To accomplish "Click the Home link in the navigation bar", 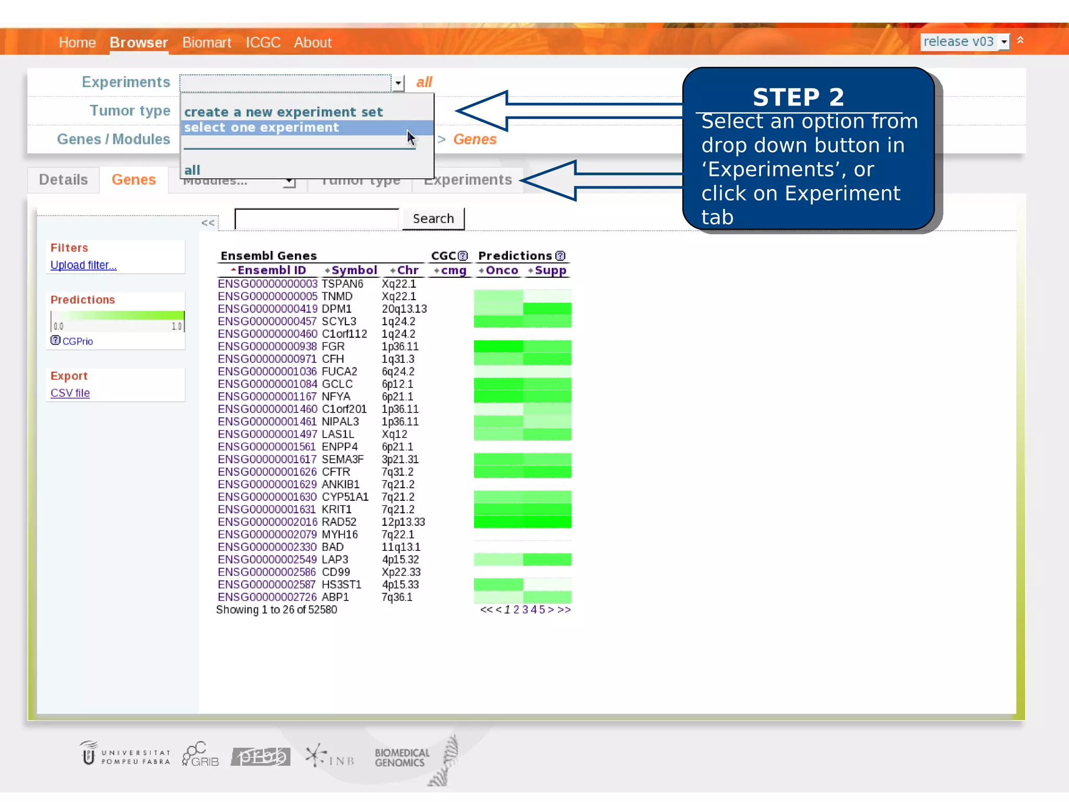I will click(77, 42).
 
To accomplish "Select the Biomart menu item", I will click(207, 42).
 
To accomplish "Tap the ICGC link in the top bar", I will click(263, 42).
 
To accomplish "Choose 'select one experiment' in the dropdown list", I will click(262, 127).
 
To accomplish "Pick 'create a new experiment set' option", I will click(283, 112).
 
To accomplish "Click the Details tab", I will click(63, 180).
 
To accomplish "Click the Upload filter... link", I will click(84, 265).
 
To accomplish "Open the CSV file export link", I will click(70, 393).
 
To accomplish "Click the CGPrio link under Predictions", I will click(77, 341).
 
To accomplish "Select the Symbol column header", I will click(354, 270).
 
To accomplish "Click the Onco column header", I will click(502, 270).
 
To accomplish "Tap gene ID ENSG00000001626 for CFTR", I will click(267, 472).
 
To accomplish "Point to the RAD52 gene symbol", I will click(339, 522).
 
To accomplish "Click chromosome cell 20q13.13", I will click(404, 309).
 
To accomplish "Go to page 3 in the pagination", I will click(525, 610).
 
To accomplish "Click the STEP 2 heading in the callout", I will click(798, 97).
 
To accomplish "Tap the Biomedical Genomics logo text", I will click(401, 758).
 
